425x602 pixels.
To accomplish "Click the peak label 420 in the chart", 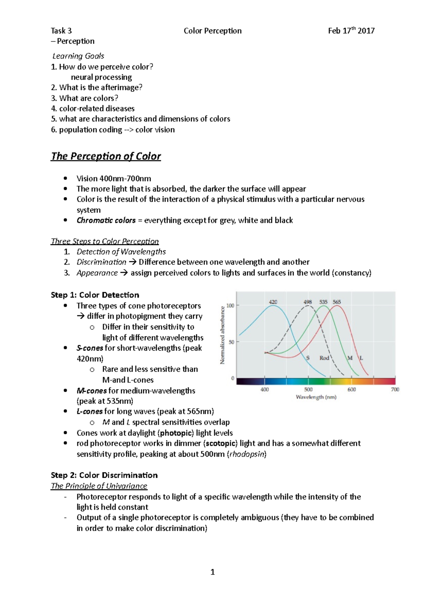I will (x=273, y=302).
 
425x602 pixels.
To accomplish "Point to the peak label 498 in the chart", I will (x=307, y=302).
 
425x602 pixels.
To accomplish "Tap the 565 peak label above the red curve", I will (x=337, y=302).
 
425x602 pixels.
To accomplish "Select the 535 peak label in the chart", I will (x=323, y=302).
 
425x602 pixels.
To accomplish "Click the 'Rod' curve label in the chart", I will (x=324, y=358).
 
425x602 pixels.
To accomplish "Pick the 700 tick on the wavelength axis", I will (x=395, y=389).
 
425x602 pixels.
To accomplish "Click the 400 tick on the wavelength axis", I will (x=265, y=389).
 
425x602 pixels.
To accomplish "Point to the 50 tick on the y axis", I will (x=231, y=342).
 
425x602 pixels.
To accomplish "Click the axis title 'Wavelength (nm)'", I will (x=316, y=397).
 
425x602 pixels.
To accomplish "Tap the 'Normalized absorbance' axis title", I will (x=222, y=335).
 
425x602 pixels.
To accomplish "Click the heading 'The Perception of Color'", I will (x=106, y=156).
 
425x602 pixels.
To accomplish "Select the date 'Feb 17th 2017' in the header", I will (x=351, y=31).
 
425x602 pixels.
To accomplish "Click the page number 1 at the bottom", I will (x=212, y=572).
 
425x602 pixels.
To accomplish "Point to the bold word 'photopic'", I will (x=177, y=433).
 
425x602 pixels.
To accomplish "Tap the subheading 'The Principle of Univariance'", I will (x=99, y=486).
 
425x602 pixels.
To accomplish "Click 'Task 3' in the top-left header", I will (x=61, y=31).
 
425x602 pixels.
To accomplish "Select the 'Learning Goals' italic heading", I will (x=78, y=56).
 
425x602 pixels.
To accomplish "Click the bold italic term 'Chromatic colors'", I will (x=106, y=221).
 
